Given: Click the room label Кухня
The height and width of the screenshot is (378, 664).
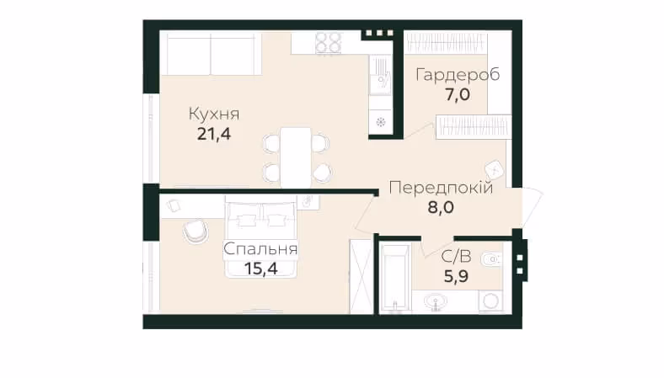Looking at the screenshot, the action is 214,114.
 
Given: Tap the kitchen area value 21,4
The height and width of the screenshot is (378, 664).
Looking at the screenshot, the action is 214,134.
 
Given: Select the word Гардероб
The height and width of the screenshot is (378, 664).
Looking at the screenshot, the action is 458,74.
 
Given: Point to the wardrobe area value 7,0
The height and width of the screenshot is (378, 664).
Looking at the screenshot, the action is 458,94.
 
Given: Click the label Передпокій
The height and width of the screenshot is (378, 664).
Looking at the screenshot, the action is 441,187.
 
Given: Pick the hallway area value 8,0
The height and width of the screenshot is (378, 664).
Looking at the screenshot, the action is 441,207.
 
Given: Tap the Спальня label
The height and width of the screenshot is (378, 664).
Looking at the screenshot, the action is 260,249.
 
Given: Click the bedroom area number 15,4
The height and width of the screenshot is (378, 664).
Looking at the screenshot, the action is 260,269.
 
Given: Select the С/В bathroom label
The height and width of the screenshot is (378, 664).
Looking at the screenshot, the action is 456,257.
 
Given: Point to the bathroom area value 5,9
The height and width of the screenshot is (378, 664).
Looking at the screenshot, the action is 456,276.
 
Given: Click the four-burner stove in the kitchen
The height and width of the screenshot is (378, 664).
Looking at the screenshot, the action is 329,43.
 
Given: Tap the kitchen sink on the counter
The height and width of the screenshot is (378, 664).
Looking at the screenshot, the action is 379,77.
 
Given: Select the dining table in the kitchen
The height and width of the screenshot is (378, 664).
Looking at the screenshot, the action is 296,157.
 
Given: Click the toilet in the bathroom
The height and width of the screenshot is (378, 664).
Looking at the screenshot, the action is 492,258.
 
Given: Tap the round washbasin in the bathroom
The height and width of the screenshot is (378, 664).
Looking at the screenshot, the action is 436,302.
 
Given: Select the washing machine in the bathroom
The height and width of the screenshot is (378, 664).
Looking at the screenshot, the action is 491,301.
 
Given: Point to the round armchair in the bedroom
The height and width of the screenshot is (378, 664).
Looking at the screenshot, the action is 195,232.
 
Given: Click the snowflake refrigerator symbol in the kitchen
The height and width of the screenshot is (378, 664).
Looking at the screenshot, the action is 380,123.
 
